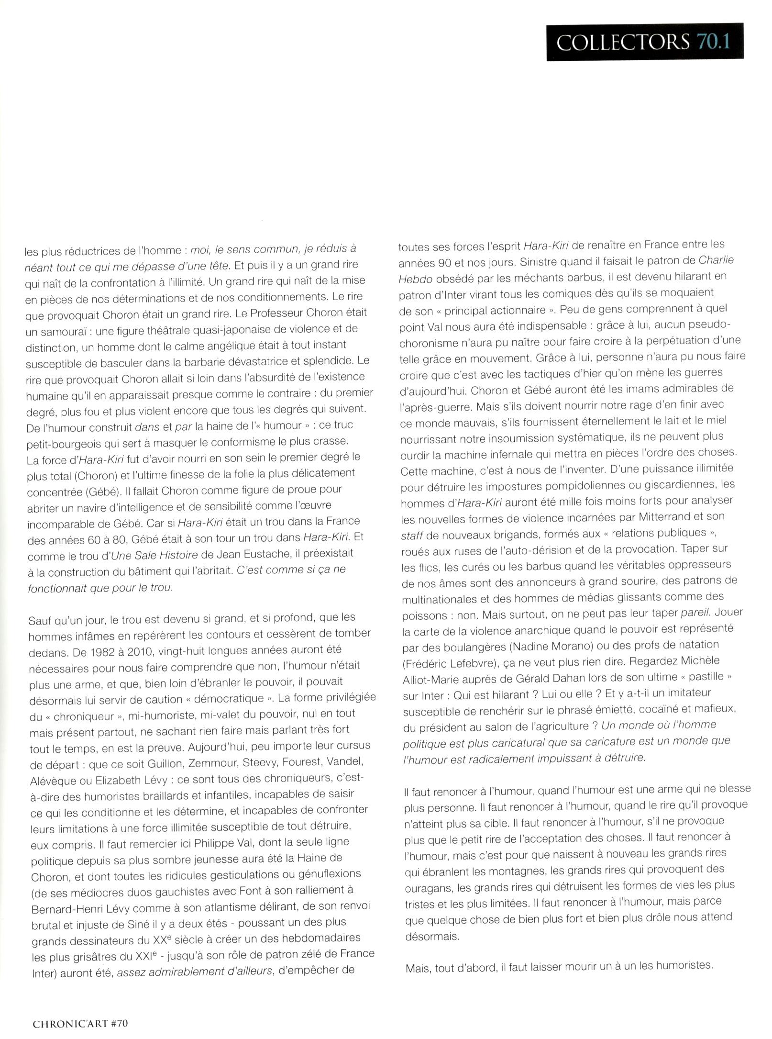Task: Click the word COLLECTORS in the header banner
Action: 622,42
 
